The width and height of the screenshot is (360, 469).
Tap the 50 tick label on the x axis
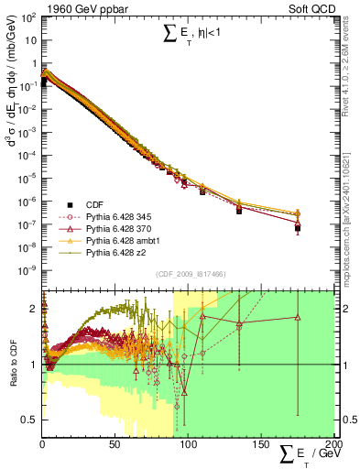(x=115, y=444)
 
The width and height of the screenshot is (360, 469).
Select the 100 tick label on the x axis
(x=187, y=444)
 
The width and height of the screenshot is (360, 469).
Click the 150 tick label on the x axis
(x=259, y=444)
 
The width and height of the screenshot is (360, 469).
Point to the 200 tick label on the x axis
(x=331, y=444)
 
